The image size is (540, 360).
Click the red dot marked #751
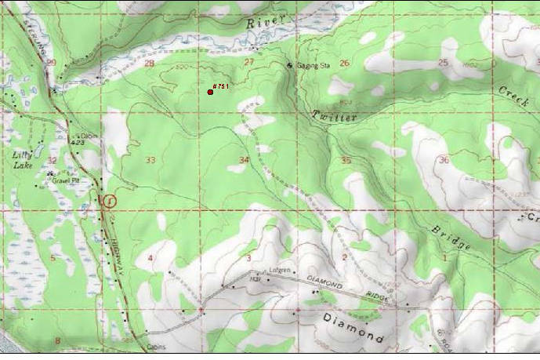click(211, 93)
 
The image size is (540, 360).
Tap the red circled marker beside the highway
click(109, 201)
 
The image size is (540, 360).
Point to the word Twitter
click(335, 116)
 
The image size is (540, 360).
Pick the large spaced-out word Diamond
click(353, 327)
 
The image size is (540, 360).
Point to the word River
click(261, 24)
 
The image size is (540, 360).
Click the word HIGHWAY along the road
click(117, 235)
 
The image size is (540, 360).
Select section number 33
click(150, 160)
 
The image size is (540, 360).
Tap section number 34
click(245, 160)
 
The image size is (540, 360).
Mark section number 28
click(150, 63)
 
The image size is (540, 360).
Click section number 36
click(444, 160)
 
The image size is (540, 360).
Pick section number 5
click(53, 257)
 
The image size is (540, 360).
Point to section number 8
click(57, 340)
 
